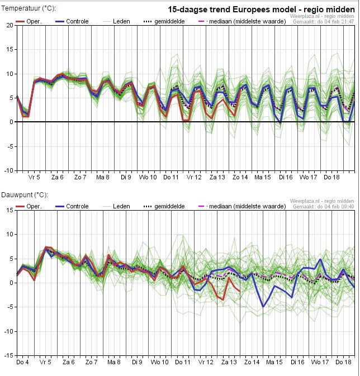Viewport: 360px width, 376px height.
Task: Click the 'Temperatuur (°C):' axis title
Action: coord(29,8)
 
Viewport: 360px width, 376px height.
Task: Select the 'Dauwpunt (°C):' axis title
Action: coord(25,195)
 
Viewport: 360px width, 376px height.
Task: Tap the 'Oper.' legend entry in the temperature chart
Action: coord(29,21)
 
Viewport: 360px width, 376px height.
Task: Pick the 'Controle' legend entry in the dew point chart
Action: coord(72,206)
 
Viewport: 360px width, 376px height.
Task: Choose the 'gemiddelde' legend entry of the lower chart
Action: coord(164,206)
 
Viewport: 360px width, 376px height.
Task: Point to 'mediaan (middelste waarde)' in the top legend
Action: coord(243,21)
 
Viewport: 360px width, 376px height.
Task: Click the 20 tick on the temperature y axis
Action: coord(10,25)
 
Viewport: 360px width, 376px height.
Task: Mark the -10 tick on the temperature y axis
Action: coord(9,170)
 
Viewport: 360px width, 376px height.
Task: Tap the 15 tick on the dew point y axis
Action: coord(10,210)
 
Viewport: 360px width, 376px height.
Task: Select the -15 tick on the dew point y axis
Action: coord(9,355)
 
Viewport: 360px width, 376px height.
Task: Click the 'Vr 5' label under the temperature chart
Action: coord(34,177)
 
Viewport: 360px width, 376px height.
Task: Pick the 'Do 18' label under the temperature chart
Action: coord(331,177)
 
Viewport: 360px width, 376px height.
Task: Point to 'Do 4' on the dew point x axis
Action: coord(22,362)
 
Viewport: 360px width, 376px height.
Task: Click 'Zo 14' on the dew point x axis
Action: coord(252,362)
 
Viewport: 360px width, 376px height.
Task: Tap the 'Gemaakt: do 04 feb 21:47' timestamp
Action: coord(323,22)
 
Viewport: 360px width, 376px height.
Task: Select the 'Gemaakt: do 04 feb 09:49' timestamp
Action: coord(323,207)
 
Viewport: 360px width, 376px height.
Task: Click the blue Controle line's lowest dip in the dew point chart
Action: coord(263,307)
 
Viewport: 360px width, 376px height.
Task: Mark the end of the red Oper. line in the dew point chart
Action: coord(240,292)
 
